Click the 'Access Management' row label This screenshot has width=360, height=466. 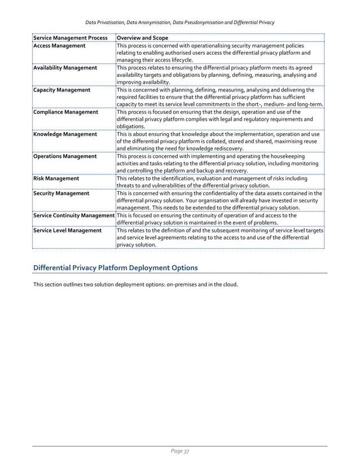click(x=59, y=46)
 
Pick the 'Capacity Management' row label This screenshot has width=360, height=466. click(x=62, y=90)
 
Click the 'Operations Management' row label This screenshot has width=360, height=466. click(x=65, y=156)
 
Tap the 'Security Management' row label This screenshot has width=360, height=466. click(x=61, y=193)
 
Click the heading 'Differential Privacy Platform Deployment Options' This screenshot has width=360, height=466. click(x=115, y=267)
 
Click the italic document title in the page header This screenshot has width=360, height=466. click(x=179, y=22)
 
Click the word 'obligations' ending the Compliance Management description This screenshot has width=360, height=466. click(x=131, y=127)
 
